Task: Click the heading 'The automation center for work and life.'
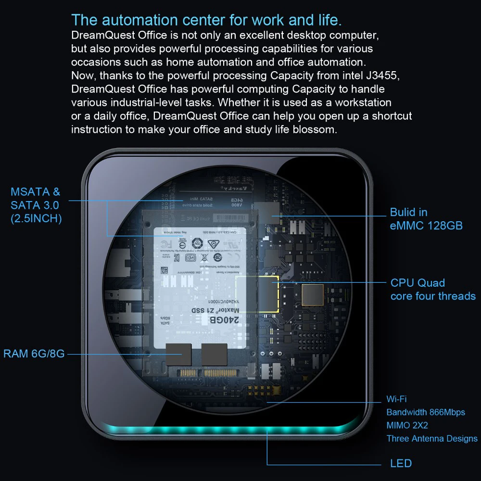(x=206, y=21)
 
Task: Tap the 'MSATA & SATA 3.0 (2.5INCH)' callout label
(x=36, y=205)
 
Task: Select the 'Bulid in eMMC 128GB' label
(x=426, y=219)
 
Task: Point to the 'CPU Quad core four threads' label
(x=432, y=290)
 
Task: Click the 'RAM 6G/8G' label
(x=34, y=354)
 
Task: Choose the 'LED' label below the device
(x=401, y=464)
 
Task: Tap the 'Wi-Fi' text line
(x=397, y=399)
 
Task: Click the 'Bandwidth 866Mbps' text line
(x=426, y=413)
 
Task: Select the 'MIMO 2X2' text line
(x=407, y=426)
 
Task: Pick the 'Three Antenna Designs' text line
(x=431, y=439)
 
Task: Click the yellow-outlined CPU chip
(x=257, y=295)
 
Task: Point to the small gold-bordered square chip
(x=312, y=295)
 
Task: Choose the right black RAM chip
(x=214, y=355)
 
